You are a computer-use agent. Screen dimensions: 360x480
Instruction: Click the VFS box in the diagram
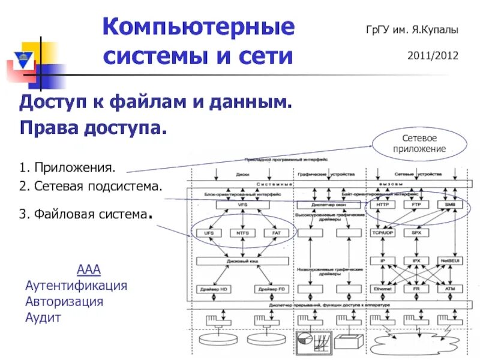tap(242, 205)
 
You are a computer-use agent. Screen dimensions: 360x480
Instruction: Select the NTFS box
tap(242, 232)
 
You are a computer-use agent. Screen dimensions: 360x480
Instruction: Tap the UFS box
tap(209, 232)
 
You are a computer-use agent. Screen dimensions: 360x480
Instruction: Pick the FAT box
tap(276, 232)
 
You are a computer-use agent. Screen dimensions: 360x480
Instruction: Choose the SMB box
tap(450, 205)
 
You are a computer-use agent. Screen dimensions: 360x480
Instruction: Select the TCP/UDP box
tap(383, 232)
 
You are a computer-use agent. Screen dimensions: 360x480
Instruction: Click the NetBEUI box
tap(450, 262)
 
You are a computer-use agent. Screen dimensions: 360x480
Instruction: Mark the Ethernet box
tap(383, 289)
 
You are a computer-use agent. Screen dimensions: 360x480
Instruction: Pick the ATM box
tap(450, 289)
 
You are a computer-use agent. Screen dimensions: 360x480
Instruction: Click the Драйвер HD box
tap(217, 289)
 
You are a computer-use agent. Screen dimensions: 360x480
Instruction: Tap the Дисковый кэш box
tap(242, 262)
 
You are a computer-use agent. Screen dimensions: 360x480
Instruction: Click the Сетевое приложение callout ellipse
tap(419, 143)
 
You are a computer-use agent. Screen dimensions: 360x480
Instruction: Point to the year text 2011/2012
tap(433, 56)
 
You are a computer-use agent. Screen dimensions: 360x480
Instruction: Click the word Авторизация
tap(64, 301)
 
